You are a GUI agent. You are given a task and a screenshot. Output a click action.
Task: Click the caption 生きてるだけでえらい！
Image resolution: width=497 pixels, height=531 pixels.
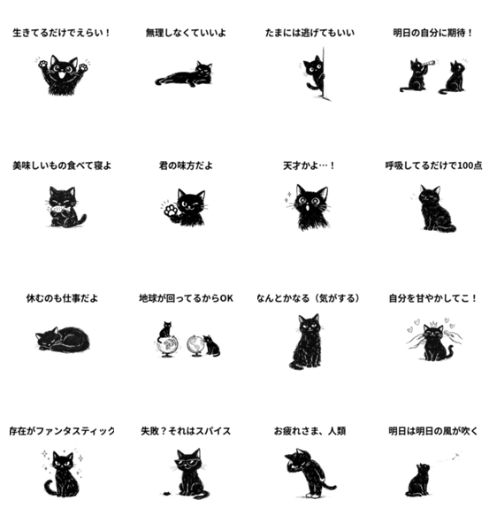point(62,33)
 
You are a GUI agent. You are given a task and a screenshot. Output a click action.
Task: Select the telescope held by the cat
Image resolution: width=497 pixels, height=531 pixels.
point(428,63)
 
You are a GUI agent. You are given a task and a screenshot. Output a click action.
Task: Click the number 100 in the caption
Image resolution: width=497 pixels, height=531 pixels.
point(465,165)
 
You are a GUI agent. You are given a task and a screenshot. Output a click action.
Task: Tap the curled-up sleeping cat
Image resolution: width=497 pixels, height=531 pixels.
point(62,339)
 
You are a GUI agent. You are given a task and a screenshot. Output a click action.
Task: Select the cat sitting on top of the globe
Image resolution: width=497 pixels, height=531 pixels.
point(165,330)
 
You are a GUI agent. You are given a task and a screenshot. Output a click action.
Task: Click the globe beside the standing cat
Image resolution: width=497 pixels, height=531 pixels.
point(195,345)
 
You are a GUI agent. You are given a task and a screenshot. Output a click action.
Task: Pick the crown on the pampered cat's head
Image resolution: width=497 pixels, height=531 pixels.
point(432,323)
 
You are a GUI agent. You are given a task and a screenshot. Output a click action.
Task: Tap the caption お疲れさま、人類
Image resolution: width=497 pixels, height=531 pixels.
point(310,431)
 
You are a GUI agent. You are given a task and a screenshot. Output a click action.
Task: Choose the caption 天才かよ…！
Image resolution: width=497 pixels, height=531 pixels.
point(309,165)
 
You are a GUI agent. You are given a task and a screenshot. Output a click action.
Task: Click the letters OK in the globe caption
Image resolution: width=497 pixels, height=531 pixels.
point(226,298)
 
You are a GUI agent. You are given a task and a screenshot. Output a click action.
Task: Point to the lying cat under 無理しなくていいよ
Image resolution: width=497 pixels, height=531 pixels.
point(185,74)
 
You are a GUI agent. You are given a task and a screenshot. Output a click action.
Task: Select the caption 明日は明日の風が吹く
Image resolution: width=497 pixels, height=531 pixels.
point(433,431)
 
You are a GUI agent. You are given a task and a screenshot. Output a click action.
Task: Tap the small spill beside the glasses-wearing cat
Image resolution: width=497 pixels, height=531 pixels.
point(166,494)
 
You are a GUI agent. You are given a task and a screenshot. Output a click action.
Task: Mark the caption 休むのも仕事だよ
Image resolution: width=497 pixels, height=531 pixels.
point(62,298)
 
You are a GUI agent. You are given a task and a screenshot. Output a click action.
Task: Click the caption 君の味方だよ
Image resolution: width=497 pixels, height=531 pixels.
point(186,165)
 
